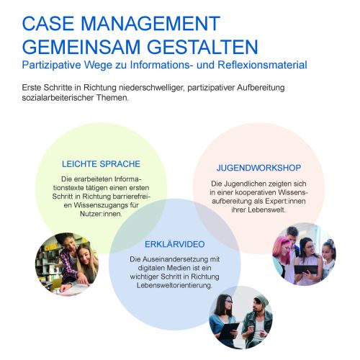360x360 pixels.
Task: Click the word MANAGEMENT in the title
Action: (x=150, y=23)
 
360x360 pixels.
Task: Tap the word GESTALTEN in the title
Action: (x=202, y=47)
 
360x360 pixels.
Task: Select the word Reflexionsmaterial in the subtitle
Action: (x=262, y=65)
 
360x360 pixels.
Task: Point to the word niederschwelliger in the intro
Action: (x=153, y=88)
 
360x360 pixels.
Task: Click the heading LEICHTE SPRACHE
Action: (x=101, y=164)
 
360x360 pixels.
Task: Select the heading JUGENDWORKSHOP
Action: (x=258, y=168)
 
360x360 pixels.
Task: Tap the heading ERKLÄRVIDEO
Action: (x=175, y=244)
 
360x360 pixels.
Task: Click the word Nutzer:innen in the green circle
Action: (x=101, y=214)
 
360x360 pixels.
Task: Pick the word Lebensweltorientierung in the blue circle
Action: (x=174, y=285)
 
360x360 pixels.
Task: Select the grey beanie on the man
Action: (x=261, y=301)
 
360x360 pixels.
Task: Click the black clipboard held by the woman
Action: (x=228, y=330)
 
